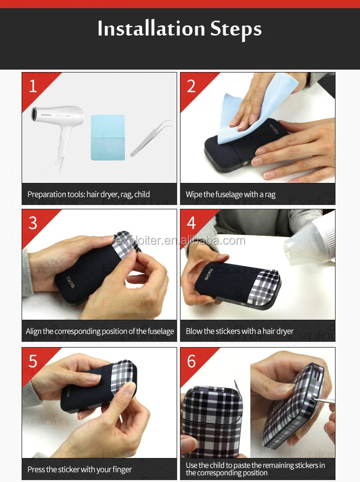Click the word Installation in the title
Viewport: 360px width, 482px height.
[151, 29]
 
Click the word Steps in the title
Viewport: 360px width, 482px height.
[236, 29]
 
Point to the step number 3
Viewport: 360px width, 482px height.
[33, 223]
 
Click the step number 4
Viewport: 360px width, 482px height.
[191, 223]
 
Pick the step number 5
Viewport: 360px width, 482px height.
[33, 361]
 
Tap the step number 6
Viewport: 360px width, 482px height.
[191, 361]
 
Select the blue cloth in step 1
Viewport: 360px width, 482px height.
[108, 137]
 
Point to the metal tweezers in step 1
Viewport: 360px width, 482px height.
[151, 138]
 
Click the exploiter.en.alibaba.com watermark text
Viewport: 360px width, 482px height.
[180, 241]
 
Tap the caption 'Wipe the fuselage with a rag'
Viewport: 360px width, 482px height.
[230, 194]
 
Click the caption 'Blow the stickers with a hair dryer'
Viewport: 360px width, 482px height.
[240, 331]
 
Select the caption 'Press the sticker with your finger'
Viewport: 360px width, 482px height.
[80, 470]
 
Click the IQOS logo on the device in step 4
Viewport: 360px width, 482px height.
[209, 274]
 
